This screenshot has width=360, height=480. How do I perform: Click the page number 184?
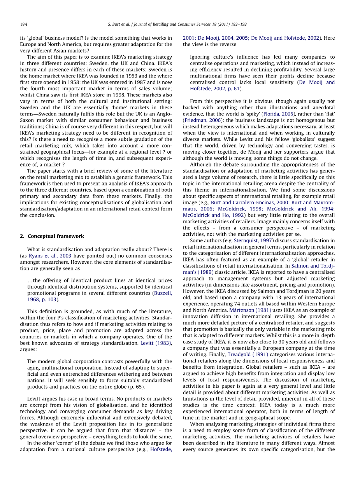[23, 24]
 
